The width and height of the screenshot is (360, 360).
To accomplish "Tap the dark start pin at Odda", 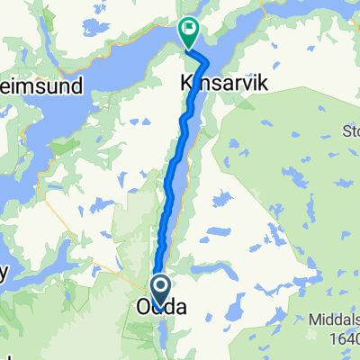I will point(161,291).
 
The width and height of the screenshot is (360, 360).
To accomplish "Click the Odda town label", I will point(161,308).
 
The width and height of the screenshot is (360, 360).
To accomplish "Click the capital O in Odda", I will point(143,308).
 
